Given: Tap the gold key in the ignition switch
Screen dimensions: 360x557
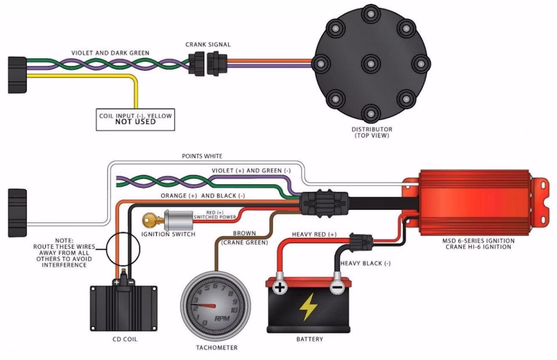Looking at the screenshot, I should click(149, 220).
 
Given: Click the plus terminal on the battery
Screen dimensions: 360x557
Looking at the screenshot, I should click(280, 287).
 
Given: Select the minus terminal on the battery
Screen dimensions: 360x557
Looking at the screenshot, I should click(336, 287).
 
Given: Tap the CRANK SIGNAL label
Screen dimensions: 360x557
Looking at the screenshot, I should click(208, 44).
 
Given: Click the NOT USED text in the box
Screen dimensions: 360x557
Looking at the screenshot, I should click(135, 122).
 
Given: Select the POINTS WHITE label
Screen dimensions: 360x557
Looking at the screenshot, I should click(202, 156).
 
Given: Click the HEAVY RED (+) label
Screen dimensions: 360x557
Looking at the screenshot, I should click(314, 234).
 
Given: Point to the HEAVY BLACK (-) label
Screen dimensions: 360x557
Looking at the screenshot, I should click(365, 263).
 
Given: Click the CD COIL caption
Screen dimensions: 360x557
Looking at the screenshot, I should click(124, 339).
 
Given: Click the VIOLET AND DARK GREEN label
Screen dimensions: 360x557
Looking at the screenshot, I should click(110, 53).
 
